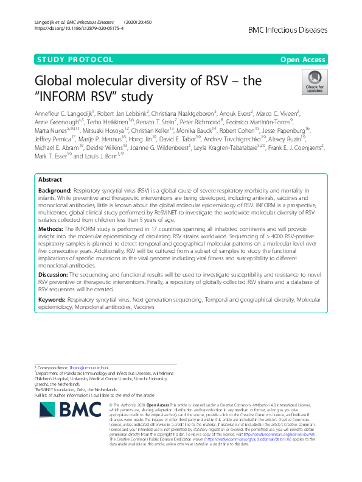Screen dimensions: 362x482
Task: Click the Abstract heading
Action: click(x=50, y=180)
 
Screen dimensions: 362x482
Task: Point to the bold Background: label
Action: click(x=55, y=191)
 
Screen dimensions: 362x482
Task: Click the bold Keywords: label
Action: click(x=52, y=300)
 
